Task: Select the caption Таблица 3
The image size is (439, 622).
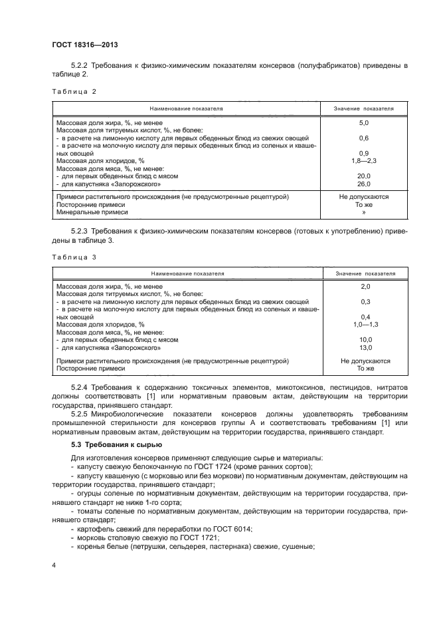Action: pyautogui.click(x=70, y=256)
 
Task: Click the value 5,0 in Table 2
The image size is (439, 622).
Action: pyautogui.click(x=363, y=124)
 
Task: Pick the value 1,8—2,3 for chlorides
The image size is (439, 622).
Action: pyautogui.click(x=363, y=161)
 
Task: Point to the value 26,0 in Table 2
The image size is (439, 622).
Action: pyautogui.click(x=363, y=184)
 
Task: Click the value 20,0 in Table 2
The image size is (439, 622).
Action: pyautogui.click(x=363, y=176)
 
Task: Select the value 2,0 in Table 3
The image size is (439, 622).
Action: pyautogui.click(x=364, y=286)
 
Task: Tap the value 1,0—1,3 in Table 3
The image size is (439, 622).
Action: pyautogui.click(x=364, y=324)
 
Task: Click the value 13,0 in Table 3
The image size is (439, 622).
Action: pyautogui.click(x=364, y=347)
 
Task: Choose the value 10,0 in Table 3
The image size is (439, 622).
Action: pyautogui.click(x=364, y=339)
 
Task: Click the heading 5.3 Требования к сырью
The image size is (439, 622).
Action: pyautogui.click(x=114, y=444)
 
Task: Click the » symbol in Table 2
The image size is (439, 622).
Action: pyautogui.click(x=363, y=212)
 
